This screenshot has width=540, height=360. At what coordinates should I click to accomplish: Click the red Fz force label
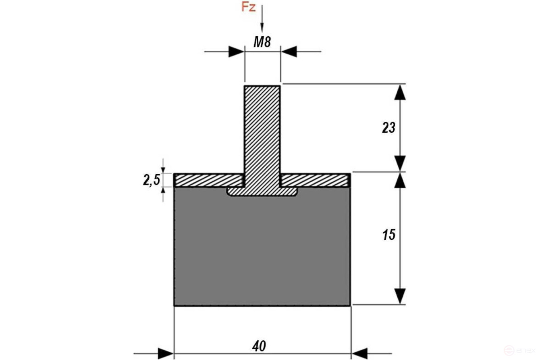248,7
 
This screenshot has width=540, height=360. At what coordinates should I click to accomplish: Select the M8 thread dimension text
262,42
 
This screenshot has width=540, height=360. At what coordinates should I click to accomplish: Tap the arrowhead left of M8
236,52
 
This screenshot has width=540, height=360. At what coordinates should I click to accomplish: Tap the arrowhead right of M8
289,52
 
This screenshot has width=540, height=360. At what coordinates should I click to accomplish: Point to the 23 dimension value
388,128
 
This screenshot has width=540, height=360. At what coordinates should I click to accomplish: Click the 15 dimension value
388,235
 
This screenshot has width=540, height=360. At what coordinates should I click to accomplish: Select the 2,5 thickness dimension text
151,180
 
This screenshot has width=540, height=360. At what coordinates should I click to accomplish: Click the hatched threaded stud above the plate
262,129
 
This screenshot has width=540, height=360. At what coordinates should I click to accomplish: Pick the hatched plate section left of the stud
209,180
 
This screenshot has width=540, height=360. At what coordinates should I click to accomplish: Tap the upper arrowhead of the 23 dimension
399,92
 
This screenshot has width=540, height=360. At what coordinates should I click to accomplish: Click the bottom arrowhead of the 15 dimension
399,296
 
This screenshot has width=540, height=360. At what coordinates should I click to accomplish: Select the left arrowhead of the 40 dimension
166,354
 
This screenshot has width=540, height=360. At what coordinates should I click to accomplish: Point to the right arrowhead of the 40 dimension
359,354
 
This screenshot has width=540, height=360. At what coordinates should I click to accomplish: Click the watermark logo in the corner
521,351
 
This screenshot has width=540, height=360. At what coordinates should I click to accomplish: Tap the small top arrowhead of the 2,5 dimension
163,170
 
